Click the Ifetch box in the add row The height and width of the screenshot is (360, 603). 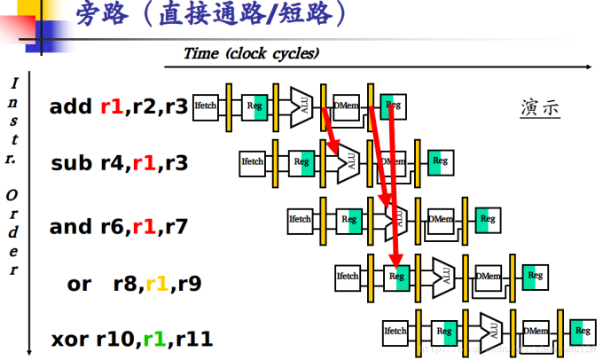[x=205, y=107]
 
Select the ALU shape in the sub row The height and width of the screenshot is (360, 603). [x=349, y=161]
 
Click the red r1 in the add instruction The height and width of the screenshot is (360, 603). [x=110, y=107]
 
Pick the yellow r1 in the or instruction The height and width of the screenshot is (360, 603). [x=157, y=284]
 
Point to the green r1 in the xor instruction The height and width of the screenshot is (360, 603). [x=154, y=338]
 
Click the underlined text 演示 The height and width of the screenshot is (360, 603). [x=540, y=109]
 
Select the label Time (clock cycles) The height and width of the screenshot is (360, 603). [x=251, y=53]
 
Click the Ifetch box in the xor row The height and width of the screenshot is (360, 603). [x=395, y=333]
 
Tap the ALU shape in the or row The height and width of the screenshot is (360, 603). [x=444, y=276]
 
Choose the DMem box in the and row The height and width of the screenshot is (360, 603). [x=442, y=219]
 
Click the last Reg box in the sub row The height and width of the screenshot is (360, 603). [x=438, y=161]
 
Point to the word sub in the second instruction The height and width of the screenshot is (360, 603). [x=70, y=163]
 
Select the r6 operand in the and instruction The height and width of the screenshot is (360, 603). [x=111, y=226]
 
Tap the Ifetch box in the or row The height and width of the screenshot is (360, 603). [x=347, y=276]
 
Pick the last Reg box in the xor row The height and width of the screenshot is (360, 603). [x=582, y=333]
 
